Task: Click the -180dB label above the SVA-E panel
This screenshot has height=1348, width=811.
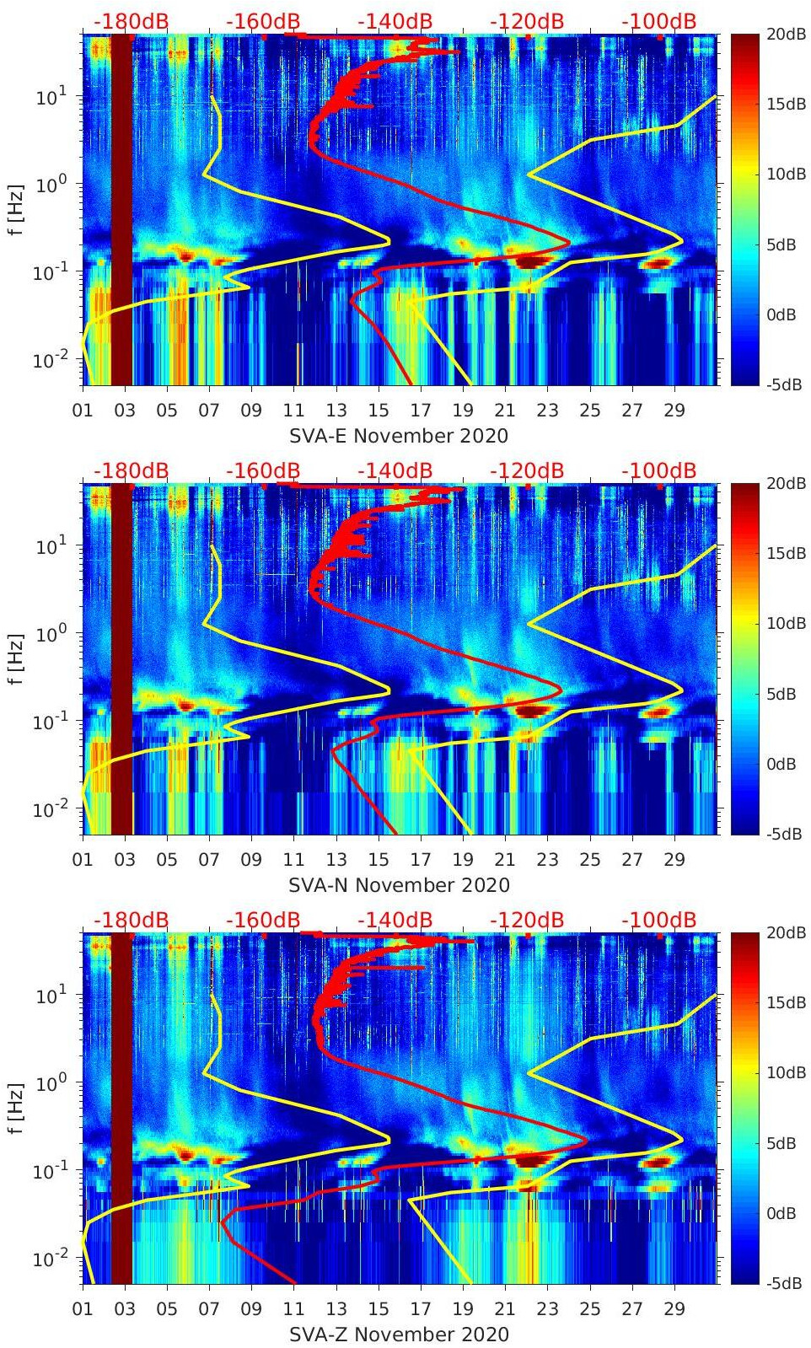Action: click(131, 21)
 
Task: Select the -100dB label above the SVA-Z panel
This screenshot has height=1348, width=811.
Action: click(658, 920)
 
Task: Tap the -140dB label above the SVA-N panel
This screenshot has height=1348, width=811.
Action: click(395, 470)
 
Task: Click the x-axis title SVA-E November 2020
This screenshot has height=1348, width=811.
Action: click(399, 436)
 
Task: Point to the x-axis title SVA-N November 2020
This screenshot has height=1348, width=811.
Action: click(399, 885)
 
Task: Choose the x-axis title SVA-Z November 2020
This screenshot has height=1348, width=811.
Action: click(399, 1335)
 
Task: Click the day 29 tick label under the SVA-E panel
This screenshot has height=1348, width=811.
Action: click(674, 411)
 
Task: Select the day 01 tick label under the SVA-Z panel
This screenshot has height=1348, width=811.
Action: click(83, 1309)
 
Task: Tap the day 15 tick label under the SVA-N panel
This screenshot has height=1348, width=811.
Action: click(379, 860)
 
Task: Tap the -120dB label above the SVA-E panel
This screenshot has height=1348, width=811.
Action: click(527, 21)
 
